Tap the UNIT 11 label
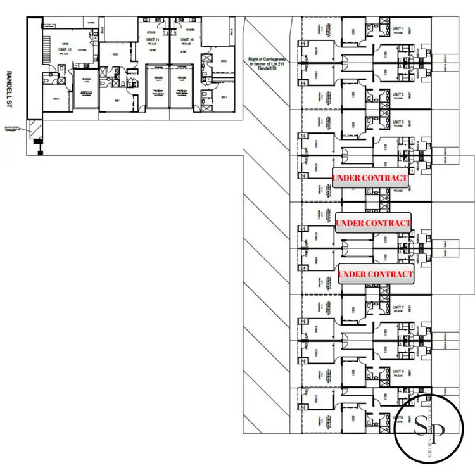(x=152, y=39)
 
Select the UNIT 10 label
(x=186, y=39)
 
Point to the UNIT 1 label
(x=398, y=28)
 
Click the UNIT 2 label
(x=398, y=95)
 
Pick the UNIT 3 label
(x=398, y=122)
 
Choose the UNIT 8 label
(x=398, y=372)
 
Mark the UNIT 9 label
(x=398, y=417)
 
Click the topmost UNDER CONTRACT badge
(x=370, y=178)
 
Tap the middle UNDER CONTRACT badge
(x=373, y=223)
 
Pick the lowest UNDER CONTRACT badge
(x=376, y=274)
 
